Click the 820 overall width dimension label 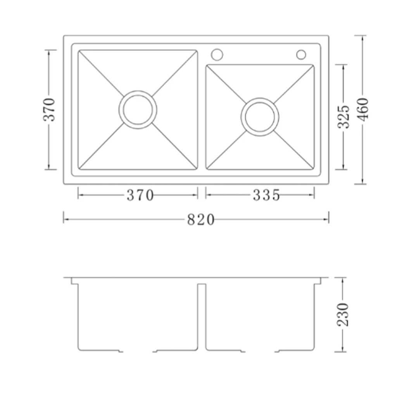201,219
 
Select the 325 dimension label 344,117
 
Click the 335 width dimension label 266,195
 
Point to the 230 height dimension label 343,314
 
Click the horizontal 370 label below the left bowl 140,195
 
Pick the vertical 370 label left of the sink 49,109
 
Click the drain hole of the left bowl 138,110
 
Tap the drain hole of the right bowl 260,117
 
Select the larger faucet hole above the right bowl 217,55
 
